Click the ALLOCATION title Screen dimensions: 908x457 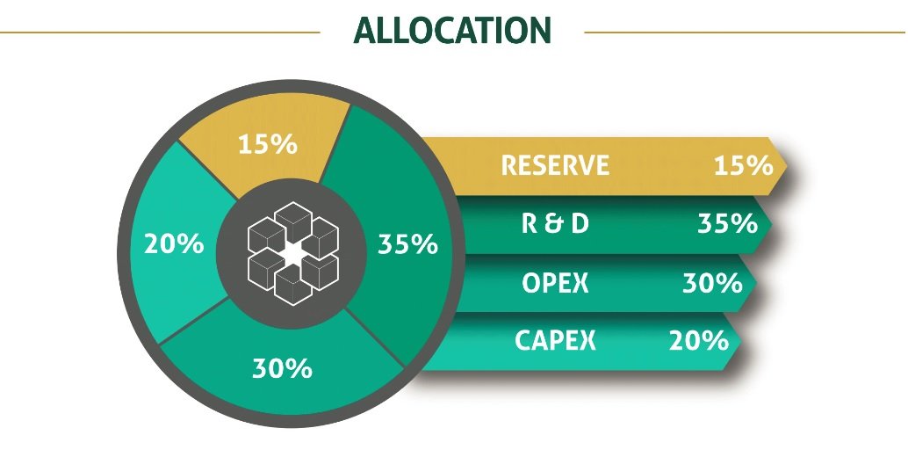pos(452,31)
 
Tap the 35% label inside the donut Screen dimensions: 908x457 pos(407,243)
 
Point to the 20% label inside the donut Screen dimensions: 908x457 pos(174,243)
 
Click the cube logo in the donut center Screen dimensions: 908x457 pos(293,253)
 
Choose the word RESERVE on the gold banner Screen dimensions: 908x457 pos(555,165)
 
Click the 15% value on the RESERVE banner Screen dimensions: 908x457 pos(744,165)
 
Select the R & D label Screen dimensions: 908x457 pos(555,223)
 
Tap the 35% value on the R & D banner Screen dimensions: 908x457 pos(727,223)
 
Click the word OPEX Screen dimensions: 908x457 pos(555,283)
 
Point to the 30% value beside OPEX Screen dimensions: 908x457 pos(712,283)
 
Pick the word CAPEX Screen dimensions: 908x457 pos(555,340)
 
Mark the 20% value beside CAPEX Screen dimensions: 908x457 pos(698,340)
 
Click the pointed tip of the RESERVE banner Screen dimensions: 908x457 pos(788,165)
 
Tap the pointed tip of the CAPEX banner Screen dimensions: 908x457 pos(741,341)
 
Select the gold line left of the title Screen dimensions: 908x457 pos(160,33)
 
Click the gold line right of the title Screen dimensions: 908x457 pos(745,33)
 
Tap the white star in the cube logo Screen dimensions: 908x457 pos(293,254)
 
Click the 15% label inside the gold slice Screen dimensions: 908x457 pos(268,144)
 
